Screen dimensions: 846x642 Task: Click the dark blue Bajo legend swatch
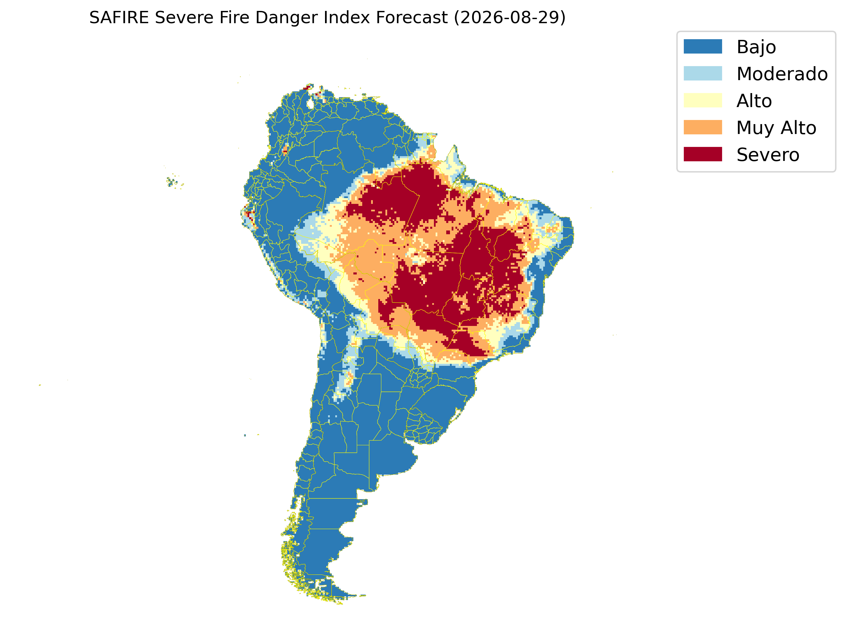click(703, 46)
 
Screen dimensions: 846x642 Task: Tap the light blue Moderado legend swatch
click(703, 73)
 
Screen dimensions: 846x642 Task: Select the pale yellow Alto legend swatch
click(703, 100)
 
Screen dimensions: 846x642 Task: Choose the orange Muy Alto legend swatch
click(703, 127)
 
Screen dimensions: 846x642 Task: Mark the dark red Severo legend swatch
click(703, 154)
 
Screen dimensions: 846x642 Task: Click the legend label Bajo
click(756, 47)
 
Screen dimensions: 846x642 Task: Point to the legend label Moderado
click(782, 74)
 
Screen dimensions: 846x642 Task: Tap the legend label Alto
click(754, 101)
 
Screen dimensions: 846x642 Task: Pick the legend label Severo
click(768, 155)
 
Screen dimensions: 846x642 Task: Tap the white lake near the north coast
click(310, 104)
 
